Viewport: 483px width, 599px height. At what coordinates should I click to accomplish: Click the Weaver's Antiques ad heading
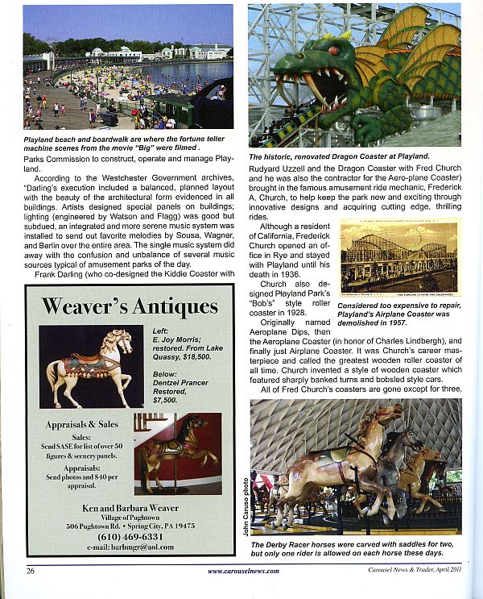[130, 306]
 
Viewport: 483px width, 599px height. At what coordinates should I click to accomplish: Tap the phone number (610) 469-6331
[130, 536]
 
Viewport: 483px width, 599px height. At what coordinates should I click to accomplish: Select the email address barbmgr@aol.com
[130, 547]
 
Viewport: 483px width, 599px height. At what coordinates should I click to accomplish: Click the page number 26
[30, 571]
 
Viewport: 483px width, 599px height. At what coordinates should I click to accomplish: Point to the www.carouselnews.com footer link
[243, 571]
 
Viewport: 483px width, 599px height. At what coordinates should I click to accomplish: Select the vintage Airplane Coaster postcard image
[399, 256]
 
